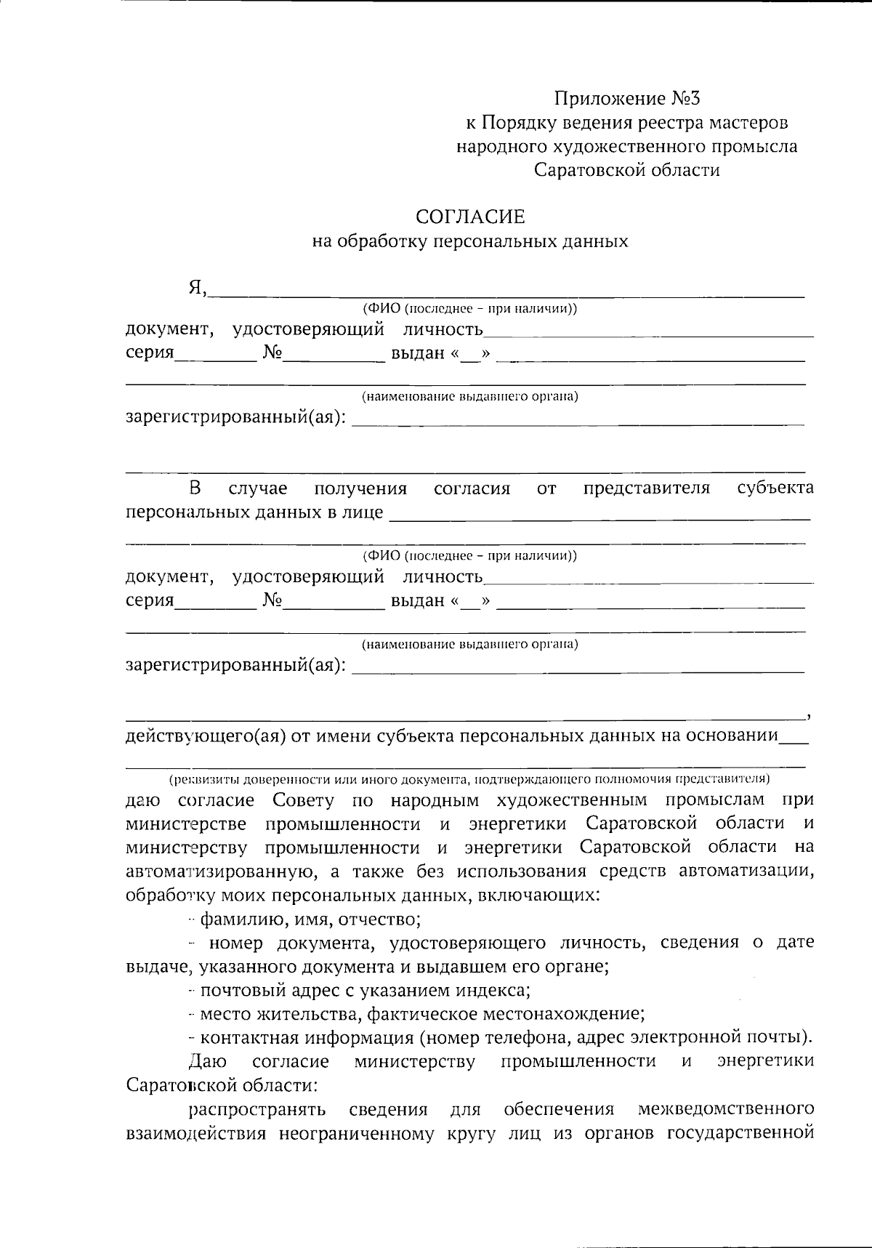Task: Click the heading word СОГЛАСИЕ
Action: coord(469,217)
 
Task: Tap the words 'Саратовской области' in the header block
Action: coord(627,170)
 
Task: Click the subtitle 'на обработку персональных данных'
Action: coord(469,241)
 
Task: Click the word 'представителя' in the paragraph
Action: coord(646,488)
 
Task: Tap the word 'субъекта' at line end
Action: coord(775,488)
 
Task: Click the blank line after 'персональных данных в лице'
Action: coord(599,515)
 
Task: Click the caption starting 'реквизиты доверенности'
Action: coord(469,779)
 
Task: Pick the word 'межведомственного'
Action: coord(725,1110)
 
